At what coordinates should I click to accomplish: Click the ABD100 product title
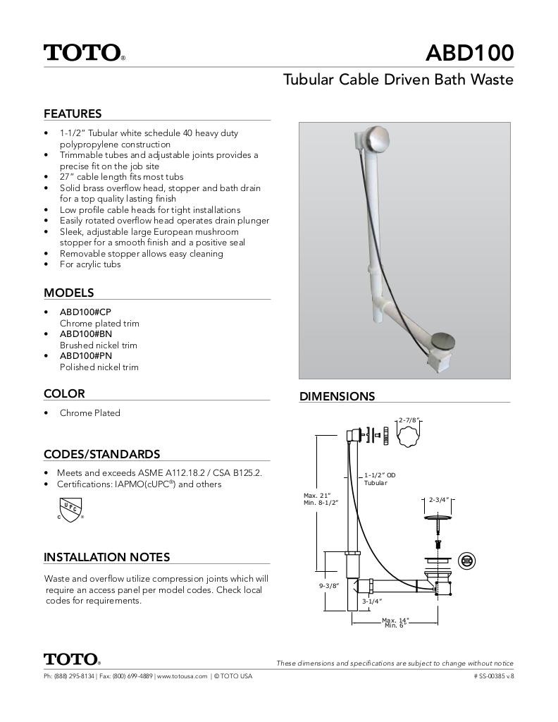click(x=470, y=53)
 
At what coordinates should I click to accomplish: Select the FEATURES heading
click(x=73, y=114)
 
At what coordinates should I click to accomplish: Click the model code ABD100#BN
click(x=85, y=334)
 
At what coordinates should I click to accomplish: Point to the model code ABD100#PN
click(x=85, y=356)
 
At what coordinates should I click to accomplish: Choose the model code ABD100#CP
click(x=85, y=312)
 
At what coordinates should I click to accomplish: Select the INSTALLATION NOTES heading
click(x=106, y=557)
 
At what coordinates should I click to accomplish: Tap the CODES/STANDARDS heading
click(x=101, y=454)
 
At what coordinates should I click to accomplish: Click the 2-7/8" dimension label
click(x=409, y=420)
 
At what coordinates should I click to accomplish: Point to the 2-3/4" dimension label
click(x=439, y=500)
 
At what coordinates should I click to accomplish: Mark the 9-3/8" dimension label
click(x=329, y=586)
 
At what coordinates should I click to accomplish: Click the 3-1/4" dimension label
click(x=371, y=601)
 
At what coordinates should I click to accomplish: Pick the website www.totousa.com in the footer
click(x=182, y=676)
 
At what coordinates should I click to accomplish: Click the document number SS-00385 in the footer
click(x=493, y=676)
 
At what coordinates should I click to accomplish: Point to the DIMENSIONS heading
click(x=337, y=396)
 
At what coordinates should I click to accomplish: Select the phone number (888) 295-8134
click(x=75, y=676)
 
